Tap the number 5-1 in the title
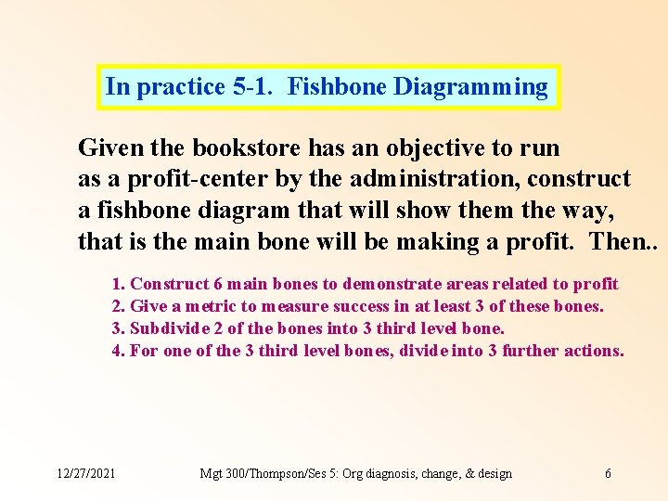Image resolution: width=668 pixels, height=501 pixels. click(x=254, y=87)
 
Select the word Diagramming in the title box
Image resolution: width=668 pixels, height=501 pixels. click(x=470, y=87)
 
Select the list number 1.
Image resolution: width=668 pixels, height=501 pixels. click(x=117, y=284)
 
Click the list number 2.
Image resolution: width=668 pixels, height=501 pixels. click(x=117, y=306)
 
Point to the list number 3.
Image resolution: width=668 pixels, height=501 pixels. click(x=117, y=328)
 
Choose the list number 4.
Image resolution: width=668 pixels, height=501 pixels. click(x=117, y=351)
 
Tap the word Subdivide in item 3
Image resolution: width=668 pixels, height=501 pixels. click(x=164, y=328)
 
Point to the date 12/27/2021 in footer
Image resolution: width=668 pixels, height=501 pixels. click(x=86, y=473)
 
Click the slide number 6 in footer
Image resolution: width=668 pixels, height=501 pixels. click(x=608, y=473)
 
